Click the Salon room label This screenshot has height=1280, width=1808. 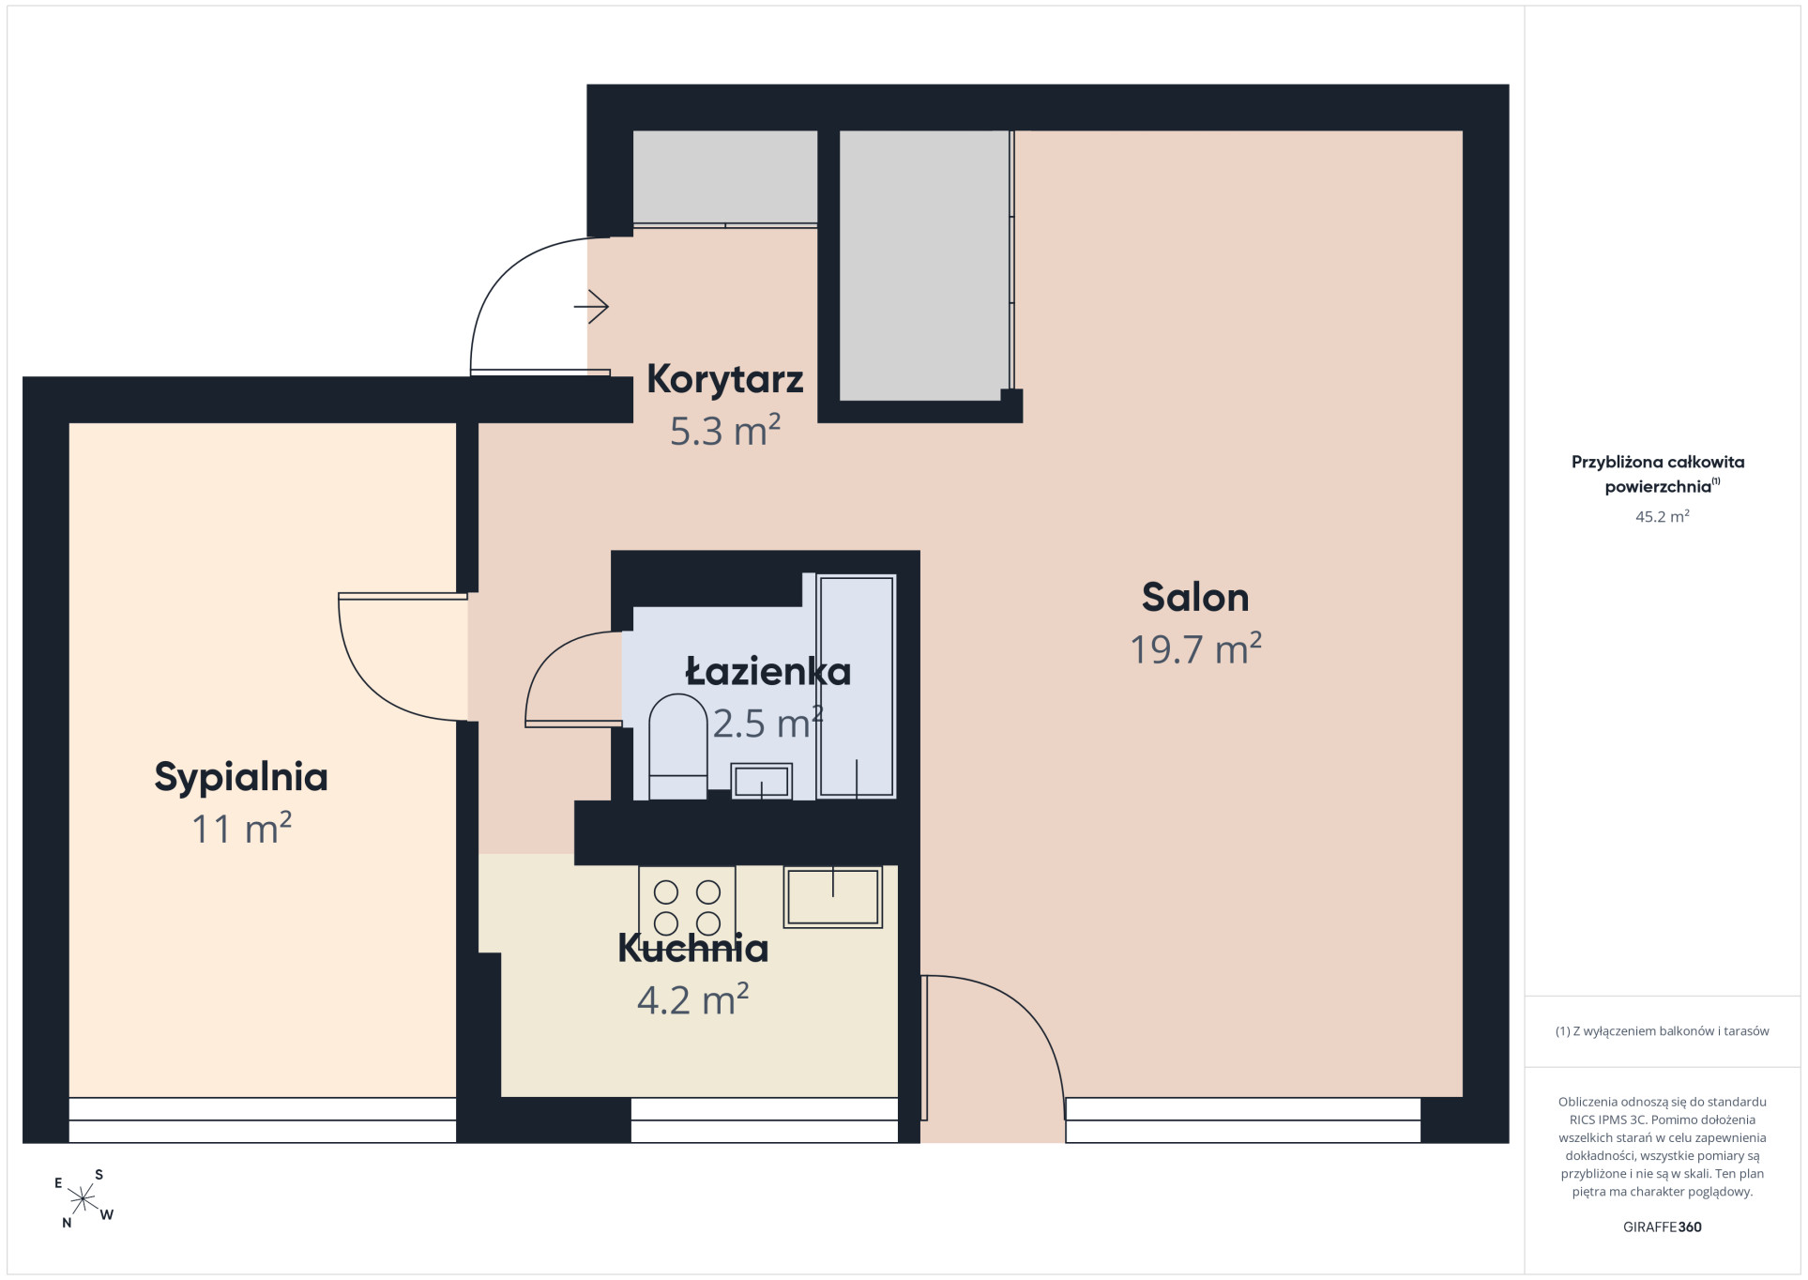1194,598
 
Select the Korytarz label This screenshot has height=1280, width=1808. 724,380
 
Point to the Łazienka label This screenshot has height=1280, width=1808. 767,671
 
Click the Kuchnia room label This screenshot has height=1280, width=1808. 692,949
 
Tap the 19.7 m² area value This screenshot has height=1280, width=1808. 1194,648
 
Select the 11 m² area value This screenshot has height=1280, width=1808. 241,829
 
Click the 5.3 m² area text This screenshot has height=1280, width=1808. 724,431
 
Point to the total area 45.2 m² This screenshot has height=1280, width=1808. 1662,516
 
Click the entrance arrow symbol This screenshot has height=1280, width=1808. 592,306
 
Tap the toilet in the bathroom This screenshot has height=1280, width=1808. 677,746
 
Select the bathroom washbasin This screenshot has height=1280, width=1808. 761,781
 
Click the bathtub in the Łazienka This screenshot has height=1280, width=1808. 856,686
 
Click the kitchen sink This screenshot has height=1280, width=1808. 833,897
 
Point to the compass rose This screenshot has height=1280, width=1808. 84,1198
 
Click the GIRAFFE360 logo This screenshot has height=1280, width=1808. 1662,1227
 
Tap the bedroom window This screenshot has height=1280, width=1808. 262,1120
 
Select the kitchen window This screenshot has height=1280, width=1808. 764,1120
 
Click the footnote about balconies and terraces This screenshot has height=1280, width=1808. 1662,1031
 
